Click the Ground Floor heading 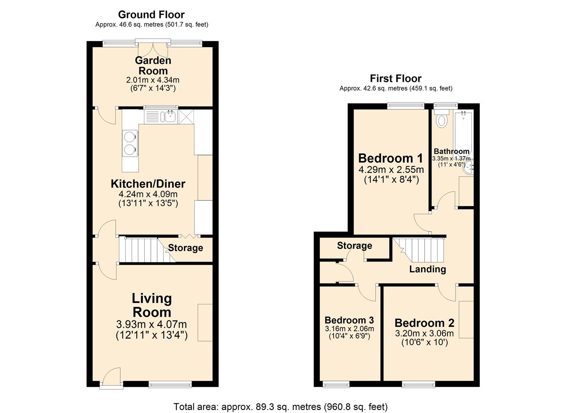(x=151, y=15)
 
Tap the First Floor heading (x=396, y=78)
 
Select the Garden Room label (x=153, y=65)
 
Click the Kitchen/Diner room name (x=148, y=184)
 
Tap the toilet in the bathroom (x=442, y=119)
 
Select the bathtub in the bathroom (x=463, y=132)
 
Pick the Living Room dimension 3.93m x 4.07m (x=152, y=324)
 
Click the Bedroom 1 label (x=391, y=158)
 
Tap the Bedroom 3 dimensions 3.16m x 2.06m (x=349, y=329)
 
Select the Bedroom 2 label (x=424, y=323)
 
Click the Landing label (x=427, y=269)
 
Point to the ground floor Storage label (x=186, y=248)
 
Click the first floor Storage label (x=354, y=246)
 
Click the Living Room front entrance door (x=111, y=378)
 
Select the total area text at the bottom (x=281, y=406)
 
